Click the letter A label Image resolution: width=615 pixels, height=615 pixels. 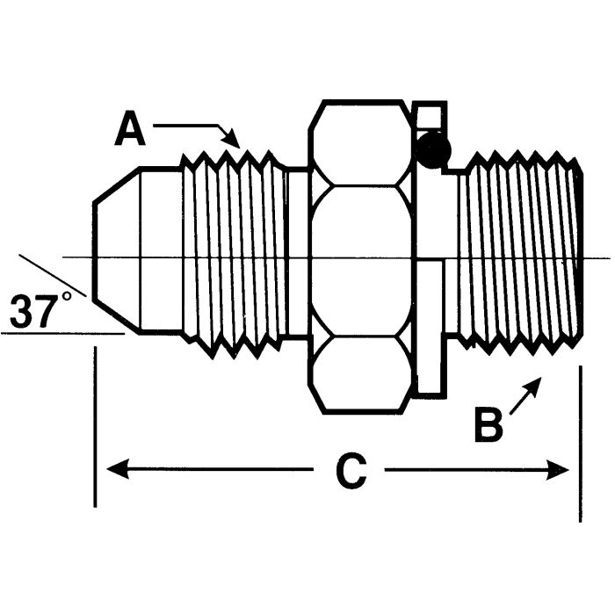click(130, 130)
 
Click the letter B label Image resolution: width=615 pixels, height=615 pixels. click(488, 427)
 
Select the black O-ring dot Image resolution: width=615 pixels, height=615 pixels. click(433, 151)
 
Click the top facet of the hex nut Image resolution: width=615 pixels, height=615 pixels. click(360, 143)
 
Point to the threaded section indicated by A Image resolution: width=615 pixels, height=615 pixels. click(233, 255)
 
